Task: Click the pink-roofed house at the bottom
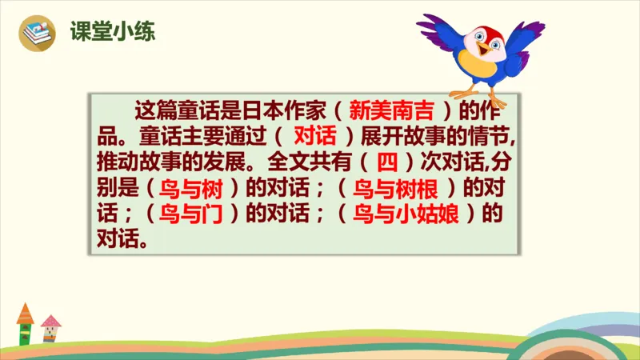tap(50, 326)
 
